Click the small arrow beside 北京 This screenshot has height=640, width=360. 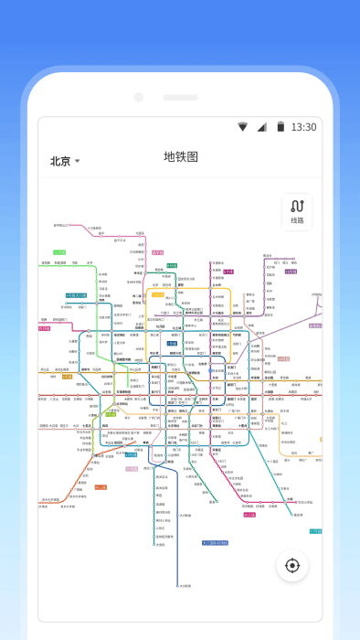coord(78,161)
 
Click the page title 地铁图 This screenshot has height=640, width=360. coord(180,157)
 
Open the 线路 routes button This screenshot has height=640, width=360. coord(297,212)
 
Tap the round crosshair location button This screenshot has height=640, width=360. coord(292,565)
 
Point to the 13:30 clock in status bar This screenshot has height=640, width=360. coord(303,127)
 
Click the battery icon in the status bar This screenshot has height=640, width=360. coord(281,127)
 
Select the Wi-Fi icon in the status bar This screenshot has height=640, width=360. coord(242,127)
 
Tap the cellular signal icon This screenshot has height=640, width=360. coord(261,127)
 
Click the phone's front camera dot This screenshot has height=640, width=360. coord(139,97)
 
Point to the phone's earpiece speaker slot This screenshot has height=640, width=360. coord(180,97)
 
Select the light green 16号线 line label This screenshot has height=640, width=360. coord(59,252)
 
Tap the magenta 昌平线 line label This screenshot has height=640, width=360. coord(158,251)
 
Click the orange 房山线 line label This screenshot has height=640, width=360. coord(101,487)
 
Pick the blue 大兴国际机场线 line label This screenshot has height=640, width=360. coord(214,542)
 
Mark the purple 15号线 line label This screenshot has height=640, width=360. coord(291,271)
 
